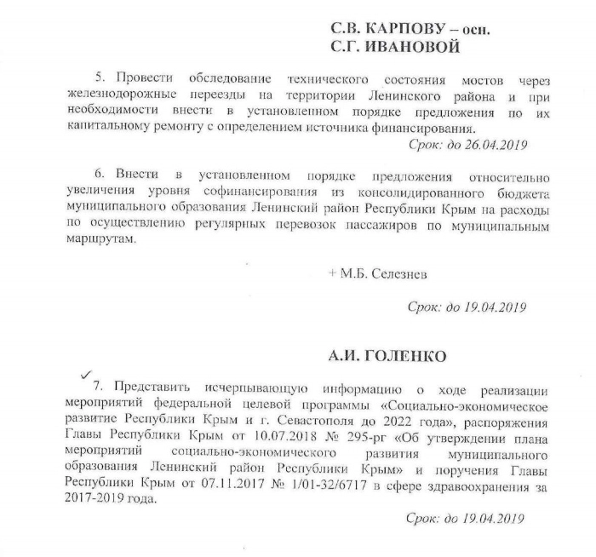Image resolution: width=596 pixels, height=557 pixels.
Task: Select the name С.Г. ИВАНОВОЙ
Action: pos(394,46)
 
